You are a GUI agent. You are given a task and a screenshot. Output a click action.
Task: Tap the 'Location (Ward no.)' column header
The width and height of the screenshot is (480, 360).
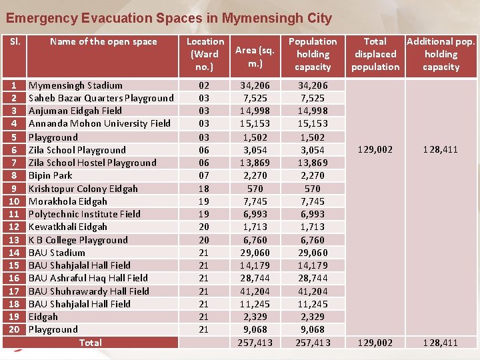point(205,54)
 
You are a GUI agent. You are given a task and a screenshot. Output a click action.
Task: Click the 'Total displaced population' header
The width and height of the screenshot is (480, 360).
point(375,54)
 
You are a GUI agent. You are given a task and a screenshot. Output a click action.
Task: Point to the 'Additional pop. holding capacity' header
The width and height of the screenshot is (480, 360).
point(441,54)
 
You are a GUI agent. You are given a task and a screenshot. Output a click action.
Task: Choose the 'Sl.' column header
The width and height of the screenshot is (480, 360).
point(15,41)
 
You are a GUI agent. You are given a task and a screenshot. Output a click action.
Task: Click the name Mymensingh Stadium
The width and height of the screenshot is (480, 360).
point(75,85)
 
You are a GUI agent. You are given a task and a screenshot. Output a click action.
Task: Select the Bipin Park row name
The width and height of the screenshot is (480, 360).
point(50,175)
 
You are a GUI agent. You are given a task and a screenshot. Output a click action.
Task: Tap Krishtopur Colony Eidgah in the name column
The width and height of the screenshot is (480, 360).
point(83,189)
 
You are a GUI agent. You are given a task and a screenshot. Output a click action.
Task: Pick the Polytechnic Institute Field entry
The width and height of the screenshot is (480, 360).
point(84,214)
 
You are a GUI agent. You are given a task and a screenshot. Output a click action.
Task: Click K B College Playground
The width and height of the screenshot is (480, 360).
point(78,240)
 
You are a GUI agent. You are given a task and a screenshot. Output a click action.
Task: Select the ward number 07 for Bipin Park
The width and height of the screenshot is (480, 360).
point(205,175)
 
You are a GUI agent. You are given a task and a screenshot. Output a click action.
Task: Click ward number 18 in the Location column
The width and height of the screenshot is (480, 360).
point(205,189)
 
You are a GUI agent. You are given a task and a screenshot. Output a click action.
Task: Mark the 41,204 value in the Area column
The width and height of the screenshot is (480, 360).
point(255,291)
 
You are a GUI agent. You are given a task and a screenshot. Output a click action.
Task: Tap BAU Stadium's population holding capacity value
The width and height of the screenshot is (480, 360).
point(313,253)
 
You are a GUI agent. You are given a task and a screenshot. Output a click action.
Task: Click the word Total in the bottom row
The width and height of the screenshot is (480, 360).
point(91,343)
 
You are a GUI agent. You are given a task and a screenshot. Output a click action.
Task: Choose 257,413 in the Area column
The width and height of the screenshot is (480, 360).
point(255,343)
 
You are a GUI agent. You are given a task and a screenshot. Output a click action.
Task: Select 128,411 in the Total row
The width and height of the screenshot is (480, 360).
point(441,343)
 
